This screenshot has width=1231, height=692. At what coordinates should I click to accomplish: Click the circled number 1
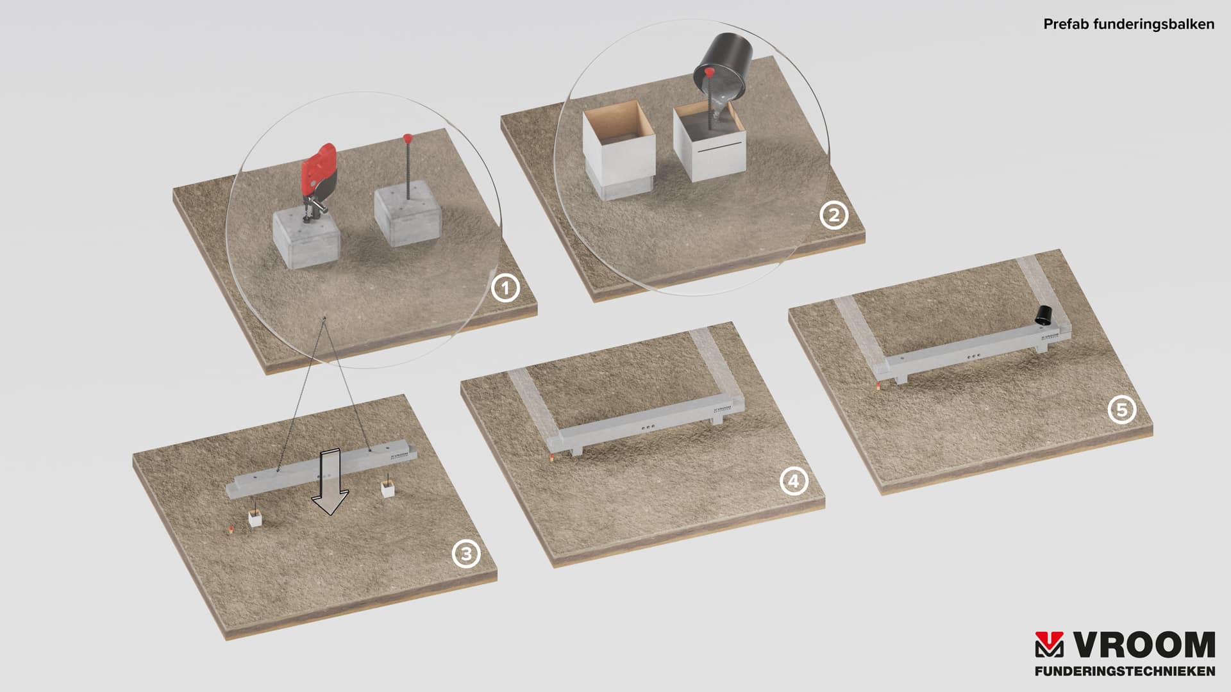[x=505, y=288]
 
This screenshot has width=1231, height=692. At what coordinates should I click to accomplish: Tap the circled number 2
[x=833, y=215]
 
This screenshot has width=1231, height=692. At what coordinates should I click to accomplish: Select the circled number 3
[x=466, y=554]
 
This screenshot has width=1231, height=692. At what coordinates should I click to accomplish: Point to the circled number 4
[x=794, y=481]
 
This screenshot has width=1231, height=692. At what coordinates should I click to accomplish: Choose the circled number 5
[x=1122, y=409]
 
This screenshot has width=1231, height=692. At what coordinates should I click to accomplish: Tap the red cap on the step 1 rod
[x=407, y=138]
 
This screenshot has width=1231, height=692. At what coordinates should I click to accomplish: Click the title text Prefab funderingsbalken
[x=1128, y=24]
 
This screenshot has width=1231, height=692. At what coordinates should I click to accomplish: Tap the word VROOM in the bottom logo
[x=1144, y=645]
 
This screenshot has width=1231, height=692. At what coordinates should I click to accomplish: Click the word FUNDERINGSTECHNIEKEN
[x=1125, y=671]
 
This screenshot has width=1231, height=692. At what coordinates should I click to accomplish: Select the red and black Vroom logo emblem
[x=1050, y=645]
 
